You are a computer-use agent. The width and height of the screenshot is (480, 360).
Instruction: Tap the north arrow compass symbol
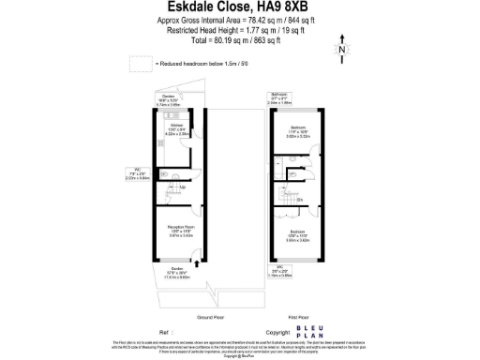(342, 49)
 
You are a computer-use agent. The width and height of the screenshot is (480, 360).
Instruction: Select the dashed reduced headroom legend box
(139, 64)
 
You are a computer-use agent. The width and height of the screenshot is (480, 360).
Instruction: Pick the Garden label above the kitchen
(169, 97)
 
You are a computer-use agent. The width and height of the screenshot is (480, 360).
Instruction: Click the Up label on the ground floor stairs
(182, 187)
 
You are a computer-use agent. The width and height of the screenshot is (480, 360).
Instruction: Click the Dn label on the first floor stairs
(299, 200)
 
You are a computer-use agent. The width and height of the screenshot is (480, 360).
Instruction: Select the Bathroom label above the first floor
(280, 96)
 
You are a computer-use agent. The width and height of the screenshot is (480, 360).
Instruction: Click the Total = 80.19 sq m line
(240, 40)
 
